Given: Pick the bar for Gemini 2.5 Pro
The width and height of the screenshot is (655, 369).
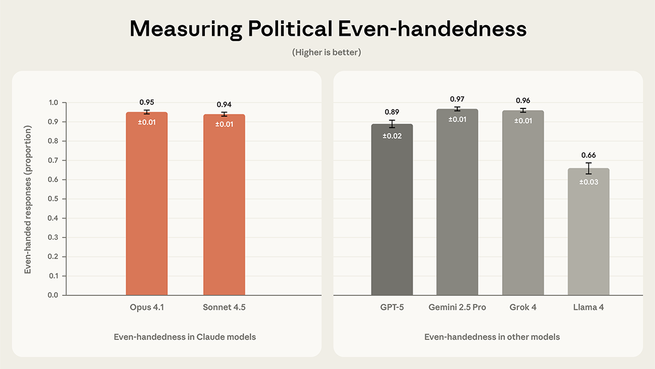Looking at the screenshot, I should click(457, 203).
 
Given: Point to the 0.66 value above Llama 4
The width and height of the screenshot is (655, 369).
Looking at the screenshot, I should click(588, 156).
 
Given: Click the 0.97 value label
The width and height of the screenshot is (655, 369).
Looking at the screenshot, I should click(457, 99).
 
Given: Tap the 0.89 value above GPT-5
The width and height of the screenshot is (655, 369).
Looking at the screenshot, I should click(392, 112).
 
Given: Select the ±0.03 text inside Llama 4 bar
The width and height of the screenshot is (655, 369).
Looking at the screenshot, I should click(588, 182).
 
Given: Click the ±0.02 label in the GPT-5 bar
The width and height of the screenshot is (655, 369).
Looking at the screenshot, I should click(392, 137).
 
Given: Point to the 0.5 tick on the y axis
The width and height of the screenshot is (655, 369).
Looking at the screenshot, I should click(53, 199).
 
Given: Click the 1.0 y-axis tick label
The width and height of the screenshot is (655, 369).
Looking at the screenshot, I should click(53, 103).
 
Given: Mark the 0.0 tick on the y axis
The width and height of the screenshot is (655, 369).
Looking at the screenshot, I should click(53, 295).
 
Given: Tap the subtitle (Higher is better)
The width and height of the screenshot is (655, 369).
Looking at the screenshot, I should click(327, 52).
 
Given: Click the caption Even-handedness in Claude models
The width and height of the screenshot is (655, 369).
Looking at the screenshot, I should click(185, 337).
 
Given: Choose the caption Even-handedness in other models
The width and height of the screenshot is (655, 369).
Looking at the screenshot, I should click(492, 337).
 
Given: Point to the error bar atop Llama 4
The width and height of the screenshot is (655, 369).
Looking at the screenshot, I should click(588, 168).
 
